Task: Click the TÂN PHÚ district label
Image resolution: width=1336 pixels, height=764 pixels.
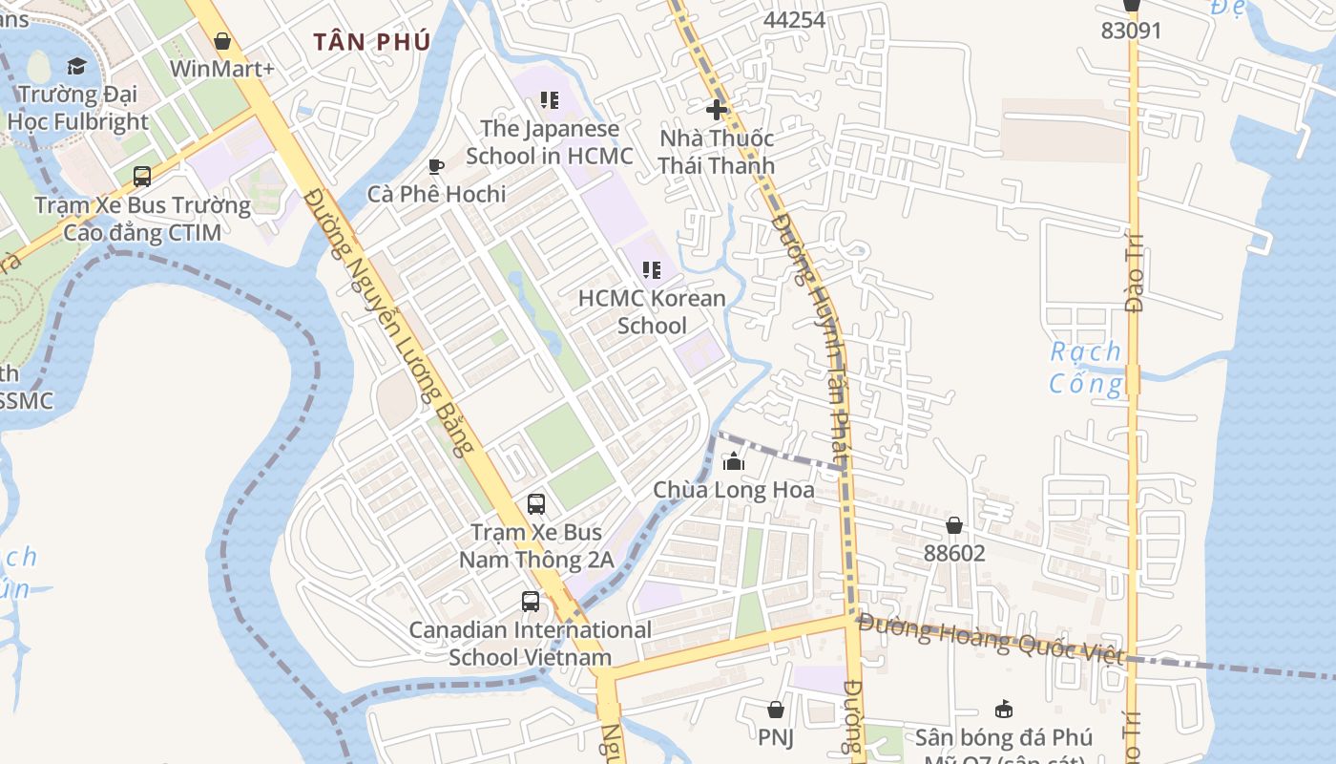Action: click(372, 42)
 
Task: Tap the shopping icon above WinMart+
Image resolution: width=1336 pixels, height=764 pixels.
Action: click(222, 41)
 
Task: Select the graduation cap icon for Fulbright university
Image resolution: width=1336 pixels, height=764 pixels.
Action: click(76, 66)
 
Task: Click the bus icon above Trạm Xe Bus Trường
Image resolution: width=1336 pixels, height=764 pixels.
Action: click(142, 177)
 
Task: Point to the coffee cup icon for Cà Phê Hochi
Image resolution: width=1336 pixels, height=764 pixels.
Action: click(436, 167)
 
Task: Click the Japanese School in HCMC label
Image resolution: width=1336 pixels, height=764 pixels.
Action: click(549, 141)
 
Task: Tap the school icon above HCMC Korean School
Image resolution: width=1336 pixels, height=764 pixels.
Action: click(652, 270)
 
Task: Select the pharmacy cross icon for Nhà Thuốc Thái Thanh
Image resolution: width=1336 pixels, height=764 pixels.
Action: click(717, 110)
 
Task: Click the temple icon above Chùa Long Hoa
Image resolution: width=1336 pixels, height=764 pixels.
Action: click(733, 462)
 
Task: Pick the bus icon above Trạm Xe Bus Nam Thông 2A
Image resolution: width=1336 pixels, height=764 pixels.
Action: click(536, 503)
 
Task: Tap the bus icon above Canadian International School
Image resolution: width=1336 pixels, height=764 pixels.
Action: click(531, 602)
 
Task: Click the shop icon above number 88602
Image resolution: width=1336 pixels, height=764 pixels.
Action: click(953, 525)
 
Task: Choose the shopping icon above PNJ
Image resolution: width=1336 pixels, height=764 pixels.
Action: click(776, 710)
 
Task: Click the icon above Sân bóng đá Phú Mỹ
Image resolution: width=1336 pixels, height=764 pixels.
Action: click(1003, 709)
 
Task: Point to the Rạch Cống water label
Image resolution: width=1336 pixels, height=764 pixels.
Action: click(1086, 368)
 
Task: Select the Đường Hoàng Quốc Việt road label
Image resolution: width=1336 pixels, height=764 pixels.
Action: click(990, 637)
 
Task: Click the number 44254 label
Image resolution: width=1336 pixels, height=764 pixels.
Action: click(794, 19)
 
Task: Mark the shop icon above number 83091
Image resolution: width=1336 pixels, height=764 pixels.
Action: click(1132, 5)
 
